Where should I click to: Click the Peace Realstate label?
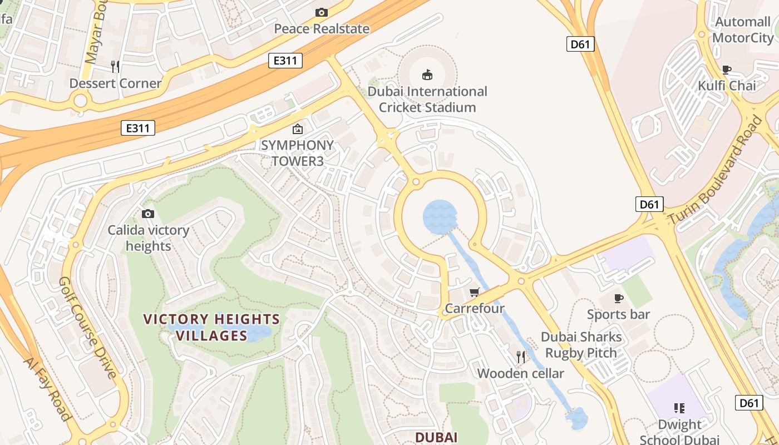(x=322, y=29)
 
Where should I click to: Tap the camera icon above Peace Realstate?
(x=322, y=12)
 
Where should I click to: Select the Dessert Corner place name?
(x=115, y=83)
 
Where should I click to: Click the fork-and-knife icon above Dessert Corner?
(x=115, y=67)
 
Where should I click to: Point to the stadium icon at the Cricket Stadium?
(x=427, y=75)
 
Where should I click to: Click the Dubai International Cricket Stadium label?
(x=427, y=99)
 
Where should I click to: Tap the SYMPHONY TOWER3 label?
(x=298, y=153)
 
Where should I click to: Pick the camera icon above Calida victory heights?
(x=148, y=214)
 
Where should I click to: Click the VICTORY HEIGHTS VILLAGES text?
(x=211, y=327)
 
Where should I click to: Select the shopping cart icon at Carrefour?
(x=475, y=292)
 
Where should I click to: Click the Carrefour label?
(x=475, y=308)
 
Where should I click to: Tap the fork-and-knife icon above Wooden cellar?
(x=521, y=357)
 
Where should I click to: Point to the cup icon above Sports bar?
(x=619, y=298)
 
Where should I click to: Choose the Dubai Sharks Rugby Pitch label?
(x=581, y=345)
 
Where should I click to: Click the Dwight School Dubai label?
(x=679, y=432)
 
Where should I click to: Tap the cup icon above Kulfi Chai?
(x=727, y=70)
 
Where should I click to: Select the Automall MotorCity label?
(x=743, y=29)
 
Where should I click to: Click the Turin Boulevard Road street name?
(x=716, y=170)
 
